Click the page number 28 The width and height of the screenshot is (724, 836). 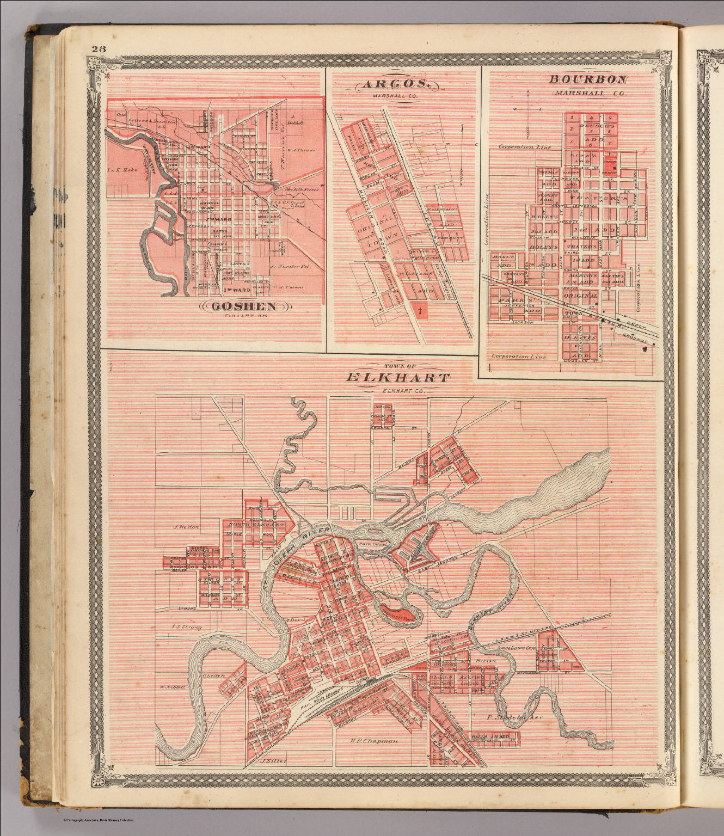(x=99, y=49)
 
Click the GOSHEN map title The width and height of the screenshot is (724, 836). (x=243, y=306)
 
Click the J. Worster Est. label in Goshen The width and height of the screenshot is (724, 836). (x=289, y=267)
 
